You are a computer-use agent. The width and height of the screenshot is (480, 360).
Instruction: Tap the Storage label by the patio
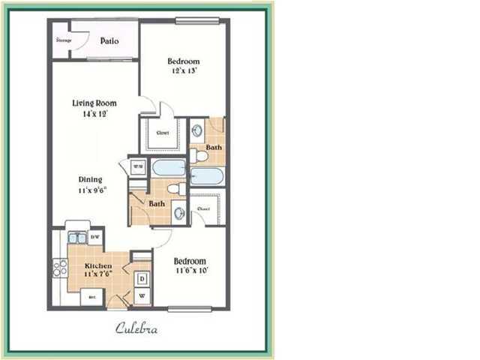coord(64,39)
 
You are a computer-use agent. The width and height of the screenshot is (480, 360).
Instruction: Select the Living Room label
coord(93,103)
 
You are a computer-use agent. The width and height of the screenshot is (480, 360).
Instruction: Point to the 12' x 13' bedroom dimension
coord(184,72)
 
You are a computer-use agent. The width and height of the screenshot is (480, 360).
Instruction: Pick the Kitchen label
coord(98,266)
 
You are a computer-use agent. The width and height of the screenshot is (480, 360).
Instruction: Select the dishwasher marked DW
coord(94,238)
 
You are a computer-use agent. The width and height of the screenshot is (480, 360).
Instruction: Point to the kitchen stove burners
coord(59,268)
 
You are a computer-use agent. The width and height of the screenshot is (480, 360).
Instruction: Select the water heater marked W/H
coord(138,166)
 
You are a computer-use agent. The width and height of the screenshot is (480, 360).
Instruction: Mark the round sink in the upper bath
coord(196,128)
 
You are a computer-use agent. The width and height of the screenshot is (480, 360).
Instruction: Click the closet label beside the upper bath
coord(162,133)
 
